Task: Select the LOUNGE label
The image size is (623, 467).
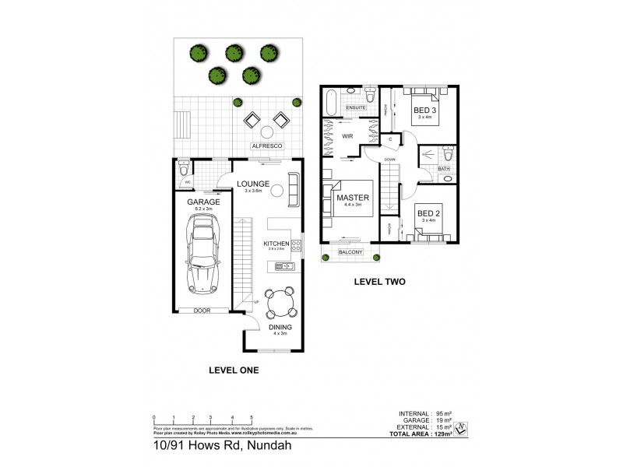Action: point(253,184)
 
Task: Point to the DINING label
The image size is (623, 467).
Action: point(280,328)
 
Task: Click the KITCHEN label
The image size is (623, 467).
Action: point(276,244)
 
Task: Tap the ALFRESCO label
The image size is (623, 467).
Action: point(265,146)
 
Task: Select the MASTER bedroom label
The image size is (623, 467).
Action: point(352,198)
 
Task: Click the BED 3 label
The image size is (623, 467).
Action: point(423,111)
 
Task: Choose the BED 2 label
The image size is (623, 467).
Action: point(428,212)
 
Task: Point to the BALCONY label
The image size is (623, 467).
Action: point(351,251)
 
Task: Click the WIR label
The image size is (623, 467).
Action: point(348,136)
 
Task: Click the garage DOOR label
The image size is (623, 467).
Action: point(201,310)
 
